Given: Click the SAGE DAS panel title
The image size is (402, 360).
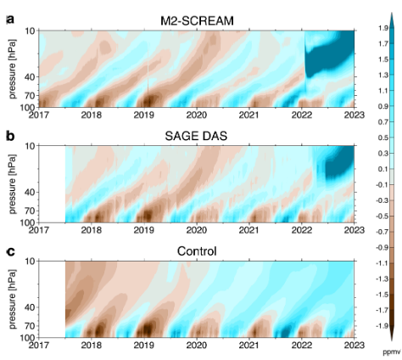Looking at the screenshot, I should point(196,134).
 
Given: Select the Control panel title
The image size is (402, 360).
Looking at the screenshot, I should point(196,250).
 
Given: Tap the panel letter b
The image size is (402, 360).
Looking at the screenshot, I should point(9,134).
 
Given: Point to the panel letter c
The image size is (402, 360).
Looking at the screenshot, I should point(9,250).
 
